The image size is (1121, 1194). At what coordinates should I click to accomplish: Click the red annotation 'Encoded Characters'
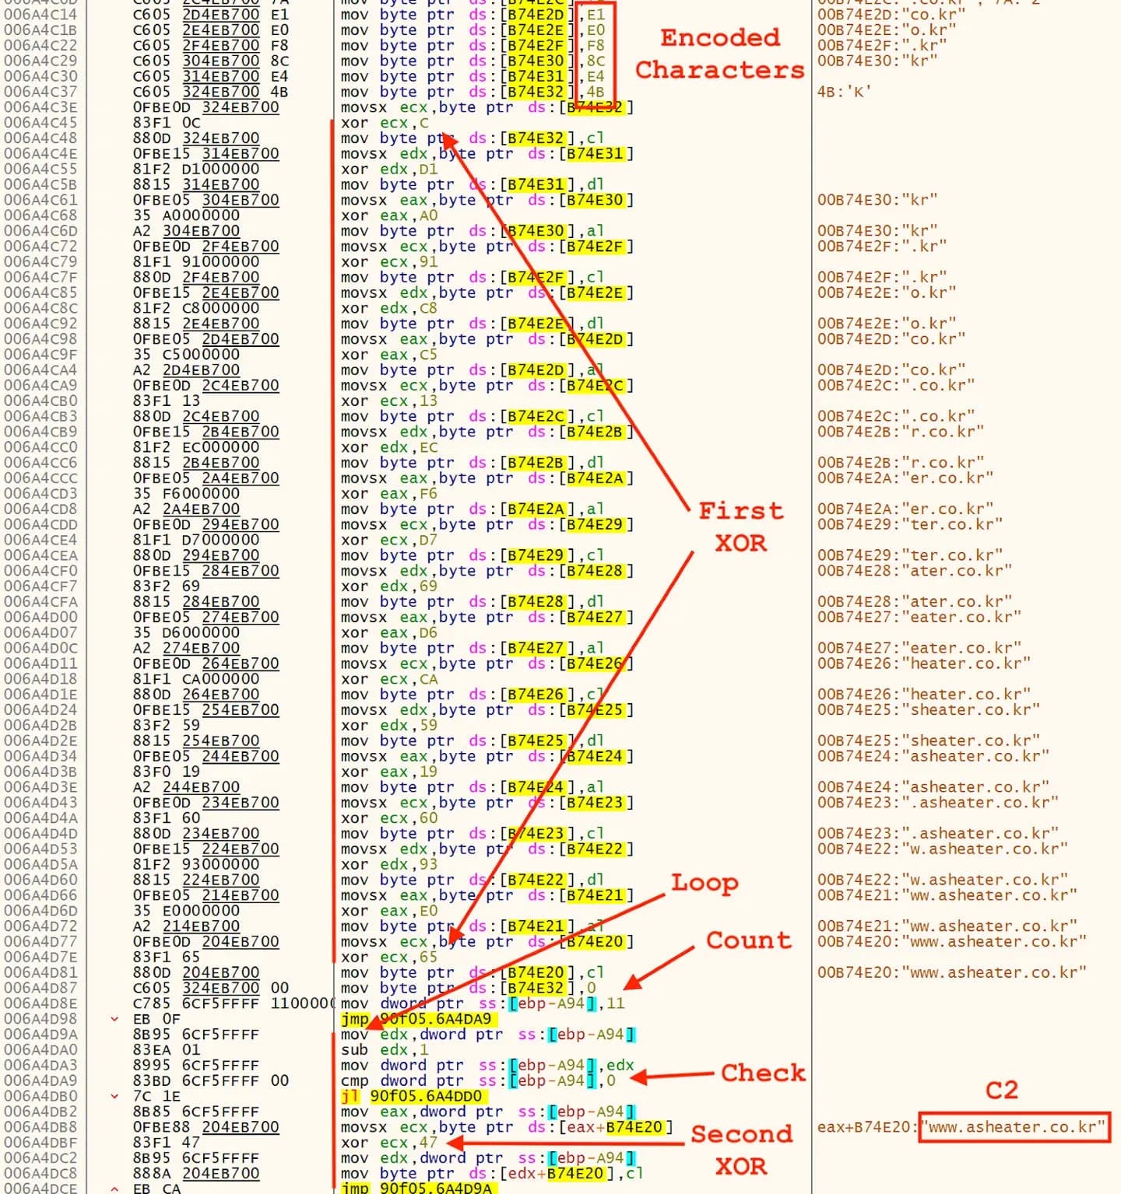719,54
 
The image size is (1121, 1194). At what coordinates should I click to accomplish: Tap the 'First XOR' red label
740,527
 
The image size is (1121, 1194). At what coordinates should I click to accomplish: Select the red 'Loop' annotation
705,883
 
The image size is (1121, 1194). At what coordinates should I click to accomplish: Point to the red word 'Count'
748,940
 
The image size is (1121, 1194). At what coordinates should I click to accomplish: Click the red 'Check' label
762,1073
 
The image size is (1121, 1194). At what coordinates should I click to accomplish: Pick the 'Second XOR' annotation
741,1150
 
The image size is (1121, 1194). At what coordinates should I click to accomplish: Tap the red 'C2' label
1001,1090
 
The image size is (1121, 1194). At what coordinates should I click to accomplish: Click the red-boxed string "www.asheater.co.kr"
1014,1127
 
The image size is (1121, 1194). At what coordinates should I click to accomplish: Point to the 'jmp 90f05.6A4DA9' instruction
416,1019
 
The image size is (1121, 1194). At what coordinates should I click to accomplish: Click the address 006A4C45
40,123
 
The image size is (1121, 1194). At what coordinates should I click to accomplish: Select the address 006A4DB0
40,1096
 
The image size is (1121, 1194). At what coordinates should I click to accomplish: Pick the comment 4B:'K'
844,92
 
